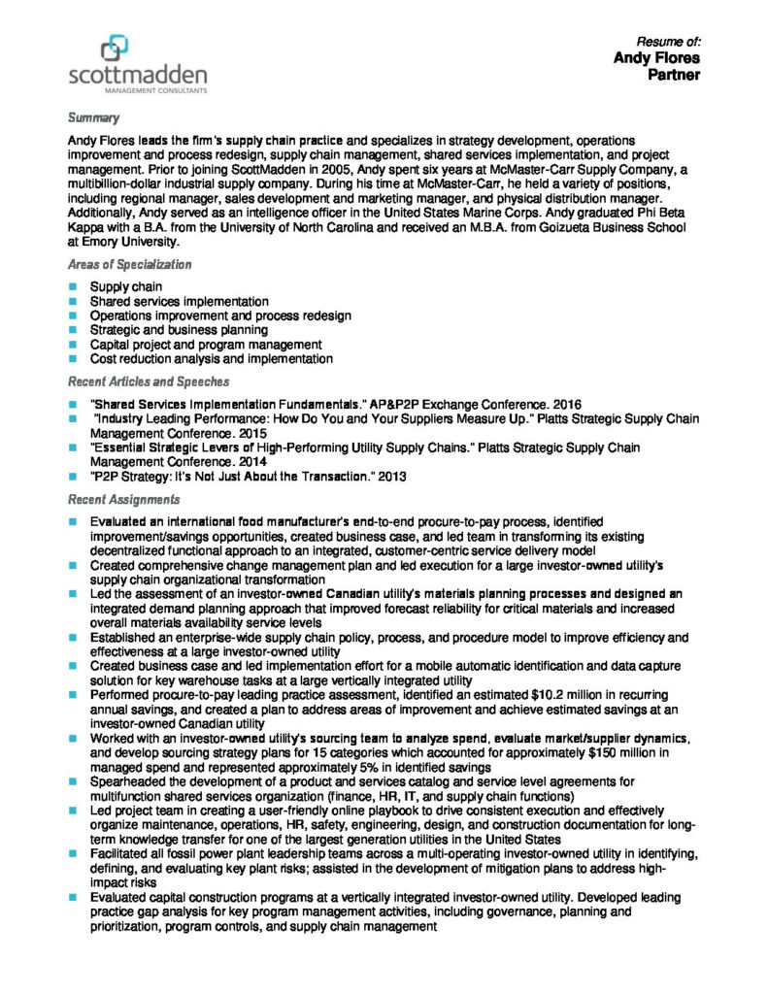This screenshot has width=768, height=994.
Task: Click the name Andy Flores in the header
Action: pyautogui.click(x=656, y=58)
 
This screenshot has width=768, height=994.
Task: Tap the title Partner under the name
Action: pyautogui.click(x=675, y=75)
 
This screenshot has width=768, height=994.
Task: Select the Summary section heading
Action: pyautogui.click(x=93, y=118)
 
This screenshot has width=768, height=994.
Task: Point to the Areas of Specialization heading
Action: pyautogui.click(x=129, y=265)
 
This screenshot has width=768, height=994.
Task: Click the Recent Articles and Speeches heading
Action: pyautogui.click(x=148, y=381)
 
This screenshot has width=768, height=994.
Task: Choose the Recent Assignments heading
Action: pyautogui.click(x=123, y=499)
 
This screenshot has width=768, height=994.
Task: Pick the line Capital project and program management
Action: pyautogui.click(x=205, y=345)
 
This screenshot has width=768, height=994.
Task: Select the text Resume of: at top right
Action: pyautogui.click(x=668, y=42)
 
